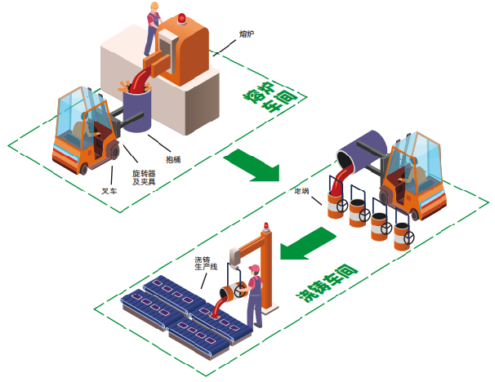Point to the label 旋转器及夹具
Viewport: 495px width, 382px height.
pos(144,177)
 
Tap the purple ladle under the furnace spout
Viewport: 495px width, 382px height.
pos(136,109)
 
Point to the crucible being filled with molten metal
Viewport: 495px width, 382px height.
pos(335,203)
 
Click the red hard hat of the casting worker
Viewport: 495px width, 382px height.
pos(254,269)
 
